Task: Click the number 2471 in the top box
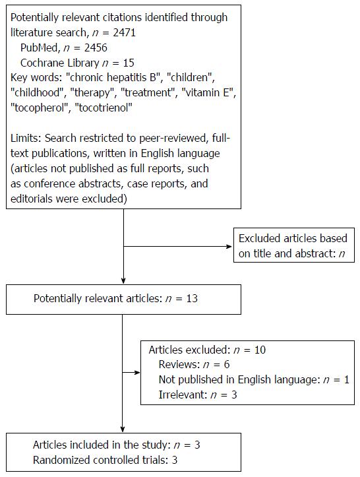click(124, 32)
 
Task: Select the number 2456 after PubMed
click(96, 48)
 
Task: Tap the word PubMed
click(39, 48)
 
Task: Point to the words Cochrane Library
click(59, 63)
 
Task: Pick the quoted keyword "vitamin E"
click(209, 92)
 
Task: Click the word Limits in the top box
click(26, 138)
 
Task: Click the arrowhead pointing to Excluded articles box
click(229, 246)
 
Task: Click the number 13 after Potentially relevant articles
click(192, 298)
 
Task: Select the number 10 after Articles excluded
click(260, 350)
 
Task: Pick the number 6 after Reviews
click(227, 364)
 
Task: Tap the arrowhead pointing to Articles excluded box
click(137, 372)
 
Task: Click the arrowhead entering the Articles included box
click(123, 429)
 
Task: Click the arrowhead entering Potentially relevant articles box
click(123, 281)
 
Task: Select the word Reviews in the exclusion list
click(179, 364)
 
